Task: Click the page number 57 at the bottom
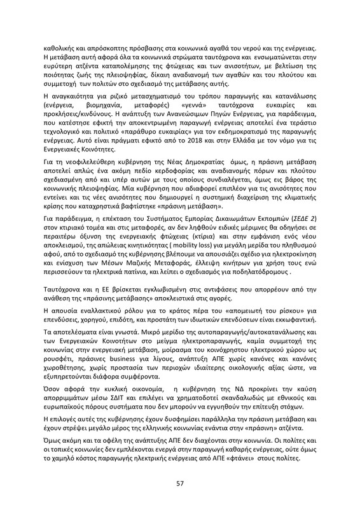pos(180,483)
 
